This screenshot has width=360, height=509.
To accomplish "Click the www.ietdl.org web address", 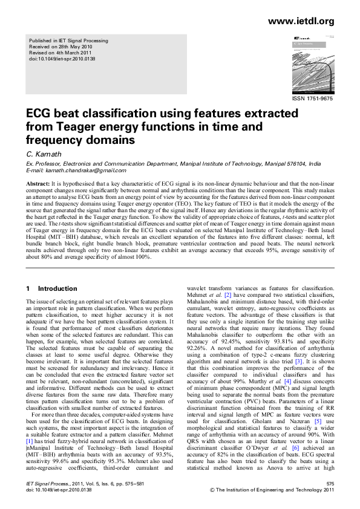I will pos(301,21).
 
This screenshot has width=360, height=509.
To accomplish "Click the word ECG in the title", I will pos(38,114).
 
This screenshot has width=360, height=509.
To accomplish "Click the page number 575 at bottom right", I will pos(329,484).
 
